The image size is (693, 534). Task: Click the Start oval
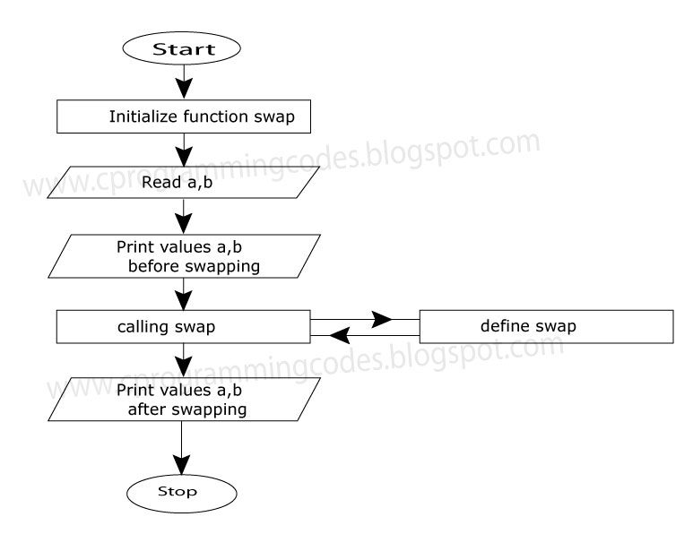184,50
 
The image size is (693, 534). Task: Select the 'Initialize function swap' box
184,116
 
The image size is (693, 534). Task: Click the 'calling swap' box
184,326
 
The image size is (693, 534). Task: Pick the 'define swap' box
546,326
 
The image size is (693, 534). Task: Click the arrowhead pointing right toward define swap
382,319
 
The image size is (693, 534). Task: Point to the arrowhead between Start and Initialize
184,90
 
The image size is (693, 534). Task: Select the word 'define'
501,325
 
